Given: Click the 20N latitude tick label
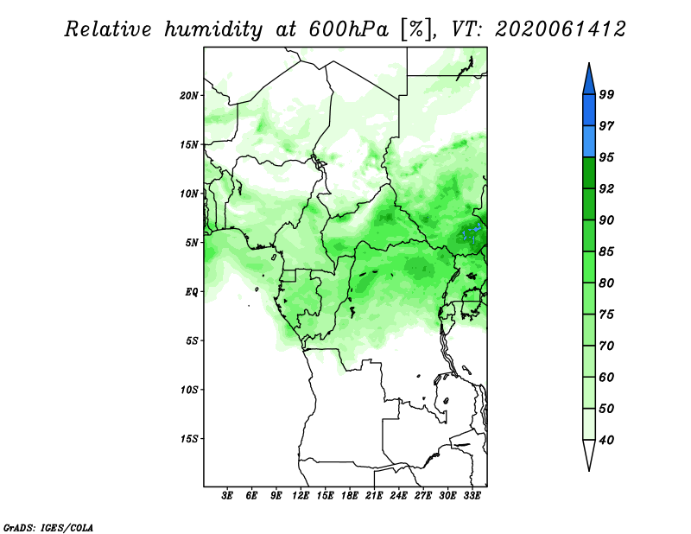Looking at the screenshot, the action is click(x=189, y=96).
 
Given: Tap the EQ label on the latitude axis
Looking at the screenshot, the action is click(x=192, y=292).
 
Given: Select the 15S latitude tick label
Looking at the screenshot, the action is click(x=189, y=439).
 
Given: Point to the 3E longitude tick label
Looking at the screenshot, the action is click(x=227, y=496).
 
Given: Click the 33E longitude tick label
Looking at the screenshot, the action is click(x=472, y=496).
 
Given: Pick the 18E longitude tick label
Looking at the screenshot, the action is click(x=350, y=496).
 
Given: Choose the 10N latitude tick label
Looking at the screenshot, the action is click(x=189, y=194).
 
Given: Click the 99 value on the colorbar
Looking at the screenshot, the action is click(x=606, y=94).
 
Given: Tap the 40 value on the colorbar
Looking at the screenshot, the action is click(x=606, y=440).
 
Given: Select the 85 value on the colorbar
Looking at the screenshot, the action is click(x=606, y=251).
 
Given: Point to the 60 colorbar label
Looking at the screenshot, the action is click(x=606, y=377).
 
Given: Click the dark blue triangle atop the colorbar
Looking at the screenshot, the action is click(x=589, y=81).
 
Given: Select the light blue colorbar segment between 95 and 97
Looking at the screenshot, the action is click(x=589, y=142).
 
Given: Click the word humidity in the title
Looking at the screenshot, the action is click(x=213, y=29).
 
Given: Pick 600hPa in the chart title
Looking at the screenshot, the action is click(x=349, y=29).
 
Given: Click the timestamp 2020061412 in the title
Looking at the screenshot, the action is click(x=560, y=29).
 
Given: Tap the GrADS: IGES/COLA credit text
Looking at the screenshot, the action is click(x=48, y=527).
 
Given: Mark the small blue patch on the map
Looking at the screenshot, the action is click(x=472, y=232).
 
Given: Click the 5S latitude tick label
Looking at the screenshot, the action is click(x=192, y=340).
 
